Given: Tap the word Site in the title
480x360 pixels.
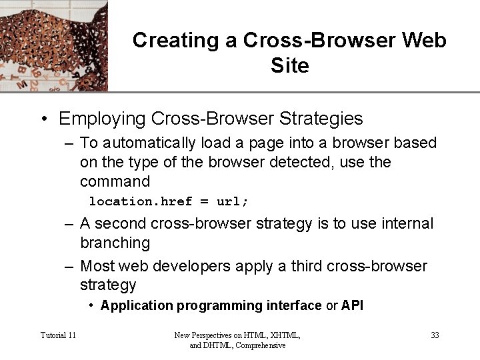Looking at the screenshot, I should click(290, 66).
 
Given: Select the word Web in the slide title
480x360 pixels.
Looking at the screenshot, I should click(425, 40).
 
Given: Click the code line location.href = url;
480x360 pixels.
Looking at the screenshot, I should click(169, 201).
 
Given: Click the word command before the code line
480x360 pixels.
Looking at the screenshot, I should click(115, 181).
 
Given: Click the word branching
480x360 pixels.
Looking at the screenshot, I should click(115, 243).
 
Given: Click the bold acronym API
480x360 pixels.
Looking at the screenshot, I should click(352, 306).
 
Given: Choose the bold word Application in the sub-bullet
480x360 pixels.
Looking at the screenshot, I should click(137, 306).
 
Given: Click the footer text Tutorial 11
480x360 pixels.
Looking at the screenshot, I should click(58, 335).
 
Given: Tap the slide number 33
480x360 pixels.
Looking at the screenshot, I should click(435, 335).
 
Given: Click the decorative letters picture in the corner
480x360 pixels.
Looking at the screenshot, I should click(53, 45).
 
